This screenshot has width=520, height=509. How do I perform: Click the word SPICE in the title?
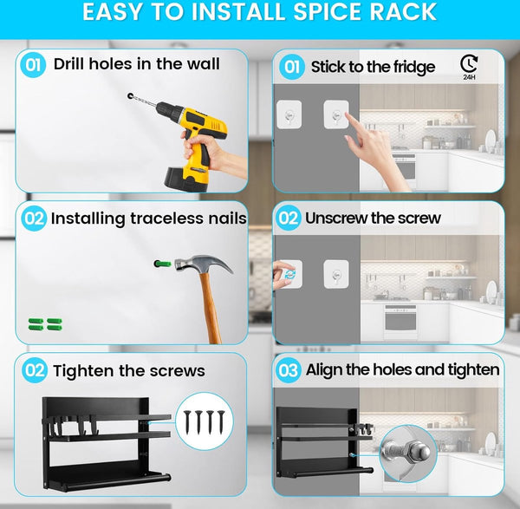coord(328,11)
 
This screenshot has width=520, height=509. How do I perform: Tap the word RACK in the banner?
coord(403,11)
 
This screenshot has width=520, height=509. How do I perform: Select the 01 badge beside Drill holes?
coord(33,65)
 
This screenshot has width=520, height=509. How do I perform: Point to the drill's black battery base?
coord(186,179)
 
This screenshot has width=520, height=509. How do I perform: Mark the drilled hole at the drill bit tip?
coord(130,96)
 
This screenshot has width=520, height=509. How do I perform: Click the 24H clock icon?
coord(469,67)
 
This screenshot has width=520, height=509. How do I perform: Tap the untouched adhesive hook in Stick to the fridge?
coord(289,114)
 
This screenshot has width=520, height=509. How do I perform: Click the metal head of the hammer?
coord(203,264)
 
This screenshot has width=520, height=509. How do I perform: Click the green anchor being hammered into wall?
coord(163,264)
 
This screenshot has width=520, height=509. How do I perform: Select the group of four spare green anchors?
coord(45,324)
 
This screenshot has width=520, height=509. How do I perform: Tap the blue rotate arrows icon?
coord(289,274)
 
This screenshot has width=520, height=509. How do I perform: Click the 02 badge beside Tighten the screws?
coord(34,370)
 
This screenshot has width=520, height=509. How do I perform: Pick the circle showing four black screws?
coord(205,421)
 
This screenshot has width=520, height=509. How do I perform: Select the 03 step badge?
coord(289,370)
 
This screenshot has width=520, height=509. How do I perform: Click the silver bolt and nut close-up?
coord(407,453)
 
